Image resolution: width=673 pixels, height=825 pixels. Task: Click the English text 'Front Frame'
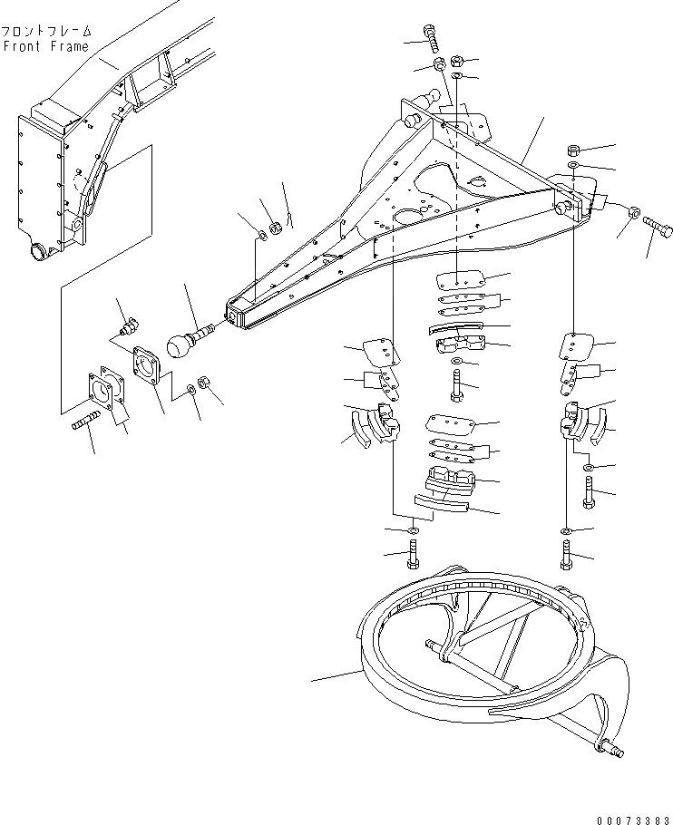point(47,46)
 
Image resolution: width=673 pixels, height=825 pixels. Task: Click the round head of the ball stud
point(182,346)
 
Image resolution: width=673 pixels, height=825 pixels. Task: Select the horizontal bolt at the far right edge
point(657,224)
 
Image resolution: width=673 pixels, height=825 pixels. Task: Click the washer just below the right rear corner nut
point(574,167)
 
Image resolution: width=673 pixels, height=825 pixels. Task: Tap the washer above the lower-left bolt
point(414,529)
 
